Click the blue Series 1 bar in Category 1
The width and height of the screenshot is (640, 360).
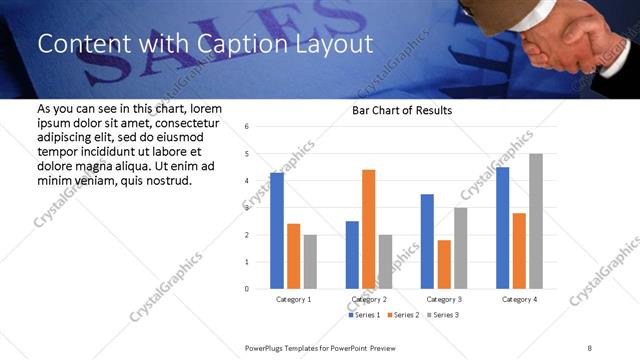point(277,231)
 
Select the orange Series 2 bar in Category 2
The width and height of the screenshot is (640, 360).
point(369,229)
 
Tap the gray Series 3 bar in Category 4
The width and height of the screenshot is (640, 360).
point(536,221)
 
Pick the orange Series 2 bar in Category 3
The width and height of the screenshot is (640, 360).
point(444,264)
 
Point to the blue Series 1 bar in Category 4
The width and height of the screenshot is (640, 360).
point(502,228)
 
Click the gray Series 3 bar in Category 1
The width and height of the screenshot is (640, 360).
point(311,262)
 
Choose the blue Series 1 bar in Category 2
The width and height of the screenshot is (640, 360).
point(352,255)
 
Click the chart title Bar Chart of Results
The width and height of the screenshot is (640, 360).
point(402,110)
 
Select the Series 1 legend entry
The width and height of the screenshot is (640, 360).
point(364,315)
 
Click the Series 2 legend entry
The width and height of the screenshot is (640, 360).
point(403,315)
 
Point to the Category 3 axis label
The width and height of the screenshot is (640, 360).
point(444,299)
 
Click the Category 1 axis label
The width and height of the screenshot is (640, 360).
point(294,299)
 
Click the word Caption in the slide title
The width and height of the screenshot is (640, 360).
point(232,45)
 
